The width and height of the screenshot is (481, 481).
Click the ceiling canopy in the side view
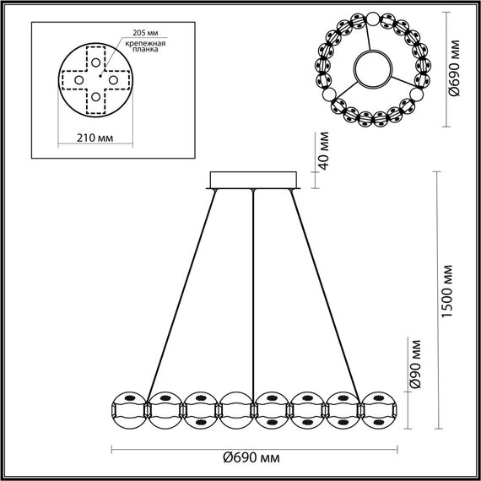pos(253,181)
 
